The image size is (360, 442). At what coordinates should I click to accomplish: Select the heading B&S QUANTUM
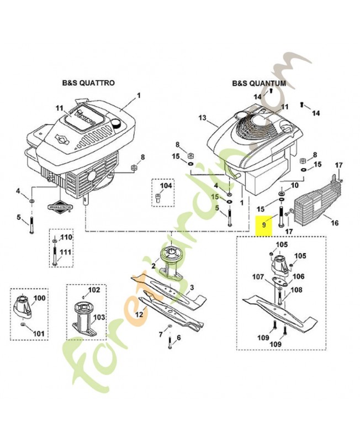259,84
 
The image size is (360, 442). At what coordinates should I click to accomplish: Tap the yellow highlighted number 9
264,225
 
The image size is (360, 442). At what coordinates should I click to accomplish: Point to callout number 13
202,118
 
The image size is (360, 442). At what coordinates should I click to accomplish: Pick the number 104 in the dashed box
166,186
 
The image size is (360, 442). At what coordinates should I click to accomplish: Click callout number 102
94,290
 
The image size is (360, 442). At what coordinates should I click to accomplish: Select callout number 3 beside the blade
192,288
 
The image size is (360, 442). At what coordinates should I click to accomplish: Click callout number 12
139,314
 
